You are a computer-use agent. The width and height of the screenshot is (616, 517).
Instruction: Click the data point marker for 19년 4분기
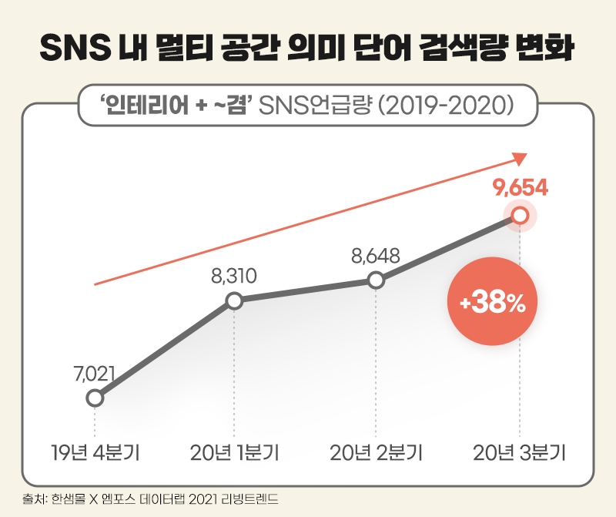click(95, 398)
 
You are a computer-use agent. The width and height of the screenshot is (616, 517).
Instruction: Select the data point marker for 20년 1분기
click(235, 301)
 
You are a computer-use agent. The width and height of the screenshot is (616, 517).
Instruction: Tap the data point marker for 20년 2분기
click(376, 280)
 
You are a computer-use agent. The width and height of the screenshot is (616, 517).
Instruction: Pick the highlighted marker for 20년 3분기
click(520, 217)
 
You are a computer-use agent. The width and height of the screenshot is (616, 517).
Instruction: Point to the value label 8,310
click(234, 277)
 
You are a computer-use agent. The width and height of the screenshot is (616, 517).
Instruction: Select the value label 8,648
click(375, 256)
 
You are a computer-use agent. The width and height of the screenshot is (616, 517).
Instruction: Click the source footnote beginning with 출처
click(150, 500)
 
